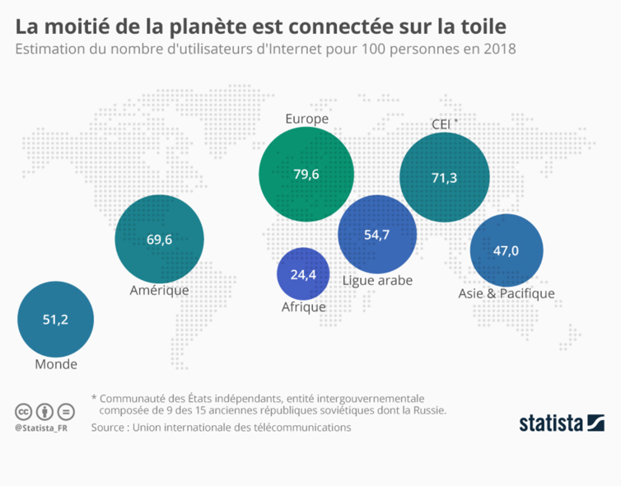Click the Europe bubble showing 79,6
(306, 174)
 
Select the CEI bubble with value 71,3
(444, 177)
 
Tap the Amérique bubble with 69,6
(159, 240)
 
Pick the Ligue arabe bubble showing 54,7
(376, 235)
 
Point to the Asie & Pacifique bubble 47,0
(506, 251)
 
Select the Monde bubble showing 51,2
(55, 320)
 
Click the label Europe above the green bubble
(306, 119)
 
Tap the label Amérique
(160, 290)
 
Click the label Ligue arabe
(376, 280)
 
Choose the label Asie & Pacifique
(506, 293)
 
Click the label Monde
(56, 364)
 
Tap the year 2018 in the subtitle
(500, 49)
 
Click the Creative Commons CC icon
(23, 411)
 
